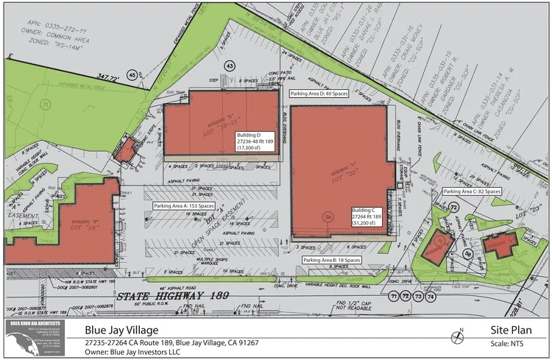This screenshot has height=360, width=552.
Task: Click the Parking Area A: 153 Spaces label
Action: click(x=183, y=206)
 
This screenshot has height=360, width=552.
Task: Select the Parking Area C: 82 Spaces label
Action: click(x=472, y=191)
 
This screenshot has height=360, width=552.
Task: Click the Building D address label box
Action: click(x=255, y=142)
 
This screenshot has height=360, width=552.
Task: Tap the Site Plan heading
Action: click(x=510, y=330)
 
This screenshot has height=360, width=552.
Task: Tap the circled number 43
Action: click(x=230, y=66)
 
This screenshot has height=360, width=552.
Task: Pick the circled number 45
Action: click(x=132, y=74)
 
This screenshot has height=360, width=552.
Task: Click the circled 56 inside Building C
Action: click(x=329, y=216)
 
